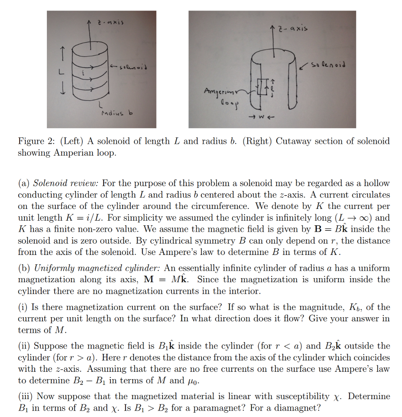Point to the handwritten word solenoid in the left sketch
tap(129, 66)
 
